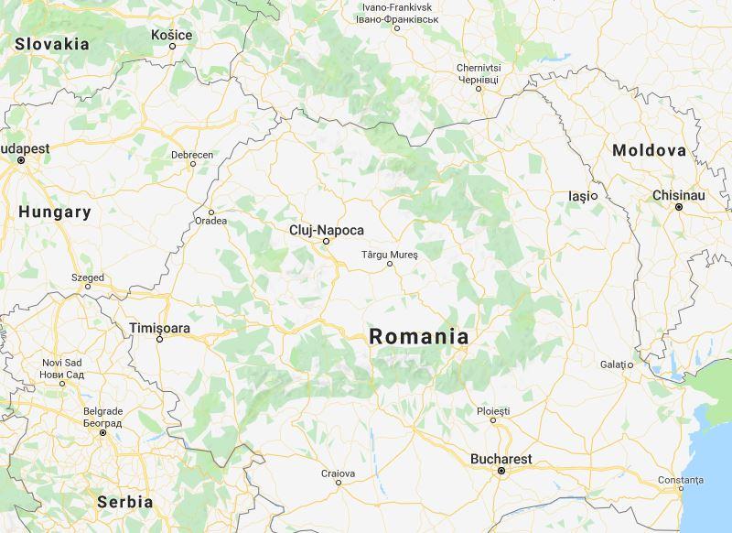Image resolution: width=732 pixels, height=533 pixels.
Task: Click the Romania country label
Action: [x=419, y=337]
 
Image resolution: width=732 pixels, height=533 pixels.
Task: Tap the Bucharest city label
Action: [x=501, y=459]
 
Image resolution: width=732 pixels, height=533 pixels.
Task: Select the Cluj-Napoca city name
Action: [x=327, y=230]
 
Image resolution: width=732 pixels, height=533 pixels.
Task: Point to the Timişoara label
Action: [x=159, y=327]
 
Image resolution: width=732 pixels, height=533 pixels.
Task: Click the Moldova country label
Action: [x=650, y=150]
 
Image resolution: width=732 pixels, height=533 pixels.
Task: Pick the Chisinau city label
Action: [x=679, y=195]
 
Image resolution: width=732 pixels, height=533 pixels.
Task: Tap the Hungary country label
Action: [x=55, y=212]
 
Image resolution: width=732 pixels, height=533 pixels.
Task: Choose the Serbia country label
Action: [x=124, y=502]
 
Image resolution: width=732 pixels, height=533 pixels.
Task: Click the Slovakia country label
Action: [x=52, y=44]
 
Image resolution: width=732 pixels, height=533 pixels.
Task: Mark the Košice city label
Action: [x=172, y=35]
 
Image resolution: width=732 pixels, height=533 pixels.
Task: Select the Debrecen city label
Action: [x=192, y=155]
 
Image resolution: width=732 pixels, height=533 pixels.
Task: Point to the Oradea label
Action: [x=210, y=221]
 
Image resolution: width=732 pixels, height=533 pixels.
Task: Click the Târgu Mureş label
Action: [x=389, y=254]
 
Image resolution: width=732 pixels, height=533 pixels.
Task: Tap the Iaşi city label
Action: [x=578, y=196]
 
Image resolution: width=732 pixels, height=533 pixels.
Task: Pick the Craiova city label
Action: [x=338, y=473]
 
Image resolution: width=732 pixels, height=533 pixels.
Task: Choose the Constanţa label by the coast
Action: [x=681, y=479]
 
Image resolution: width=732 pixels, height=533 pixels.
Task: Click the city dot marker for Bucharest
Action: [x=501, y=471]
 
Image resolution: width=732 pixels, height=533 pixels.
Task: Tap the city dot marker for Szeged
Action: [x=88, y=287]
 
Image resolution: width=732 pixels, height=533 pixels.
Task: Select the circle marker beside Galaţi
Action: [x=630, y=365]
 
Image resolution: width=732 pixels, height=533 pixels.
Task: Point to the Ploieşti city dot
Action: [x=493, y=420]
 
